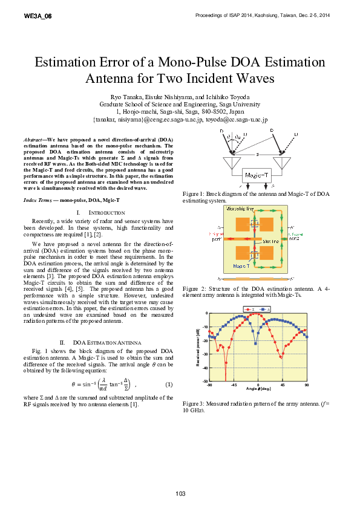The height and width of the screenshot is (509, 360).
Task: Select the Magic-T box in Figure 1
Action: click(257, 175)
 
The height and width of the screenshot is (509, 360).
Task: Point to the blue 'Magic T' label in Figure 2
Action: click(241, 265)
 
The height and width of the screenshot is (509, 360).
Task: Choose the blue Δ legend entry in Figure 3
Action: click(265, 309)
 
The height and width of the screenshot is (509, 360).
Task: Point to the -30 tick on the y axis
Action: click(206, 354)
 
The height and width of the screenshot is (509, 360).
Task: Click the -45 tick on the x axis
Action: click(234, 385)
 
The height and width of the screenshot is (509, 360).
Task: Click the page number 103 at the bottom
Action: click(180, 494)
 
